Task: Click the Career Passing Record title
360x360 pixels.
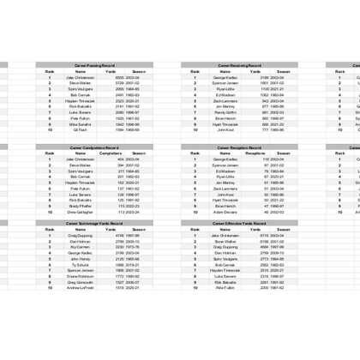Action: (x=94, y=65)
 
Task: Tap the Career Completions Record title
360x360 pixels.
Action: (x=94, y=147)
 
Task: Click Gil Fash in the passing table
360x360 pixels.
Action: (x=81, y=129)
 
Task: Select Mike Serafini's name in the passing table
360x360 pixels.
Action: (x=81, y=123)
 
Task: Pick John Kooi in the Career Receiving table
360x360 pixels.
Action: (x=225, y=129)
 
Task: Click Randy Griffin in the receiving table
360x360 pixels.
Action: (x=225, y=111)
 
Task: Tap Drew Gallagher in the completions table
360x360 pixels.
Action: (x=81, y=212)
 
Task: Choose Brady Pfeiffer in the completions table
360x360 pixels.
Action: (x=81, y=206)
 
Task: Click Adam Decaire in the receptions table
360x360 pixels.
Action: (x=225, y=212)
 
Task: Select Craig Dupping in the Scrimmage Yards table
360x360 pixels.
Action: (x=81, y=235)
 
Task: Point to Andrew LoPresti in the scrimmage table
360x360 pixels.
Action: (x=81, y=288)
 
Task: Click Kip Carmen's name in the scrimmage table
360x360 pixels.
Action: (x=81, y=247)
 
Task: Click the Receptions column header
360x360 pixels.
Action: (x=255, y=153)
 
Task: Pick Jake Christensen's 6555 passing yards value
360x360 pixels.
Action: (x=120, y=77)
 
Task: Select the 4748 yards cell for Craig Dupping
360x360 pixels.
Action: (x=120, y=235)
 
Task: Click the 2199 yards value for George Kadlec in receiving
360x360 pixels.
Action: (x=265, y=77)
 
